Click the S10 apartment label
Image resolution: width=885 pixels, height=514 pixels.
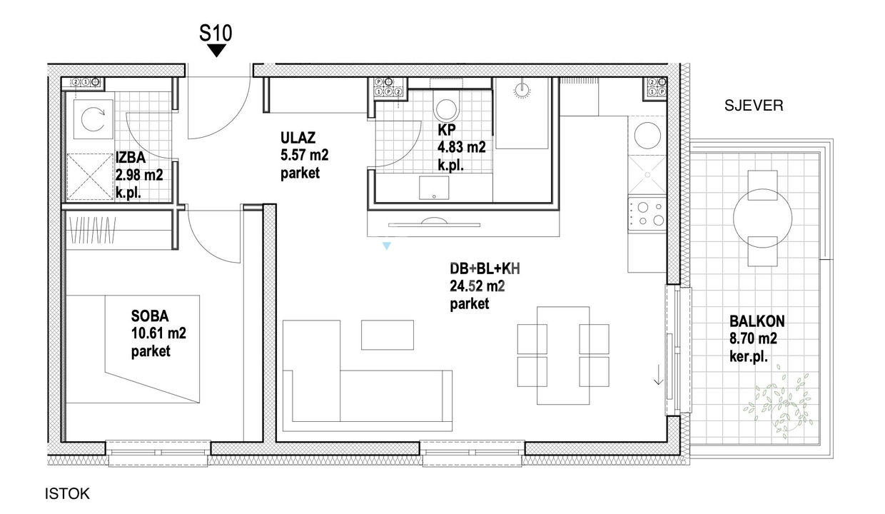coord(216,33)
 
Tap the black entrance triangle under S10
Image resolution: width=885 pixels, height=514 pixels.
coord(216,50)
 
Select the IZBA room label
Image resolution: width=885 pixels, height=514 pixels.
coord(131,158)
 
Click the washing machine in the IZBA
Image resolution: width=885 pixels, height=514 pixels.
coord(93,119)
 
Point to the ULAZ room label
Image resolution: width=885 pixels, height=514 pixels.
coord(298,138)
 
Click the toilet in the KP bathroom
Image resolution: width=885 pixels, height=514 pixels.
coord(447,106)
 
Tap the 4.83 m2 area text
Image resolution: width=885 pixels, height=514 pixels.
coord(462,147)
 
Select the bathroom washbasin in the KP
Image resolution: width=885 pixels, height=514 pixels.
coord(434,188)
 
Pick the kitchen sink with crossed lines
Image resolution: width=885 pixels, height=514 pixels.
coord(647,174)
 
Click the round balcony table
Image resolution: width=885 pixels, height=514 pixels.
coord(762,218)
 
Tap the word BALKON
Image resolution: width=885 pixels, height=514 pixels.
coord(757,321)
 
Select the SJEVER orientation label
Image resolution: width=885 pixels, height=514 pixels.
coord(754,106)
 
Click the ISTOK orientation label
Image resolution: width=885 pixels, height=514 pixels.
coord(67,494)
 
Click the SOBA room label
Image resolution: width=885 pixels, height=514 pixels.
coord(150,316)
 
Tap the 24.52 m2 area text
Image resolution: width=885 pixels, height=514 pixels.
coord(477,286)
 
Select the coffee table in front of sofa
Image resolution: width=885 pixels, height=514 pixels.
coord(387,335)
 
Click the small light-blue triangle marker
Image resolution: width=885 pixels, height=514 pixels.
coord(387,246)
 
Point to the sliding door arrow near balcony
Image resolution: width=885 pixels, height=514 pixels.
coord(658,375)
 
